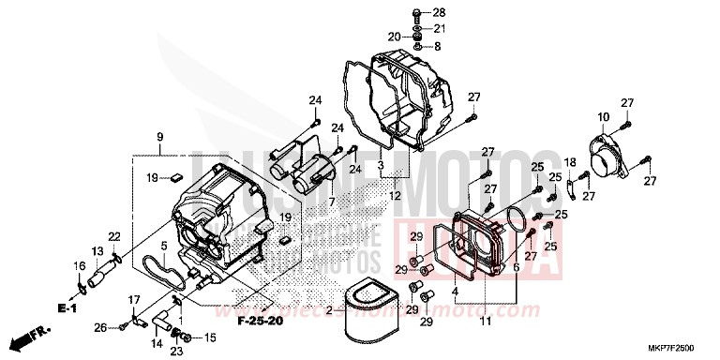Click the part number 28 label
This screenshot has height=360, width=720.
[440, 12]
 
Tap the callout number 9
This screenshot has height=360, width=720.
[160, 137]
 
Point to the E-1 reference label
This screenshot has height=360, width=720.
[65, 307]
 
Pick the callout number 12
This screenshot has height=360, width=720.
[395, 195]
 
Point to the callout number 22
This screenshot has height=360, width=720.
[114, 235]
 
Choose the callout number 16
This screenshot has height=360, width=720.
[79, 266]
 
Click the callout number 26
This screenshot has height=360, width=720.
[99, 327]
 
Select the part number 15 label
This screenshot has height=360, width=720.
[210, 337]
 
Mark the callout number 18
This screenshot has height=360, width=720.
[570, 163]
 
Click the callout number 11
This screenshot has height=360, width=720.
[485, 322]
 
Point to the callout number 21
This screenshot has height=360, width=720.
[440, 29]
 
